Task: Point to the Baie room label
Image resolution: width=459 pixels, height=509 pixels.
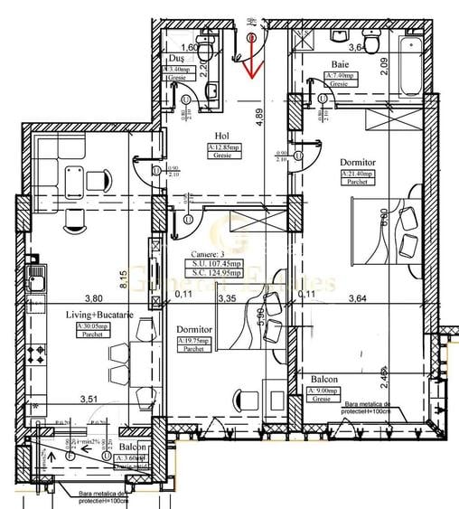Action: [340, 64]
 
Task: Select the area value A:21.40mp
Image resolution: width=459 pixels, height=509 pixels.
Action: [358, 174]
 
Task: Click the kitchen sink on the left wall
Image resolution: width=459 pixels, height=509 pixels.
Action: [35, 280]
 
